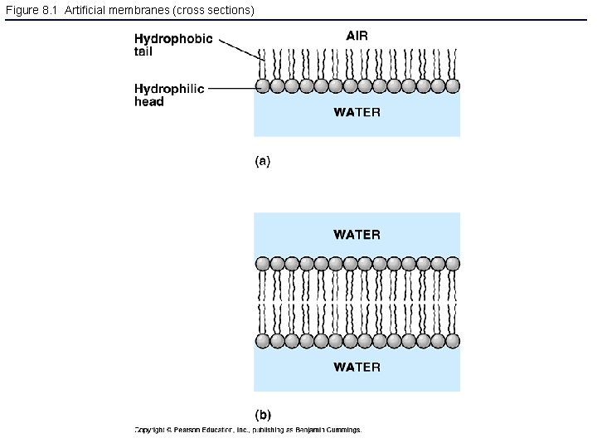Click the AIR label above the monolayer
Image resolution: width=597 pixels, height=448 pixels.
click(x=357, y=36)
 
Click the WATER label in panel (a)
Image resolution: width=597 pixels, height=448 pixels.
click(x=357, y=112)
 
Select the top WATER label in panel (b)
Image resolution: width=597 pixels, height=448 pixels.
click(x=357, y=235)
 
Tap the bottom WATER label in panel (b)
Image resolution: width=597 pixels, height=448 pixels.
click(x=357, y=367)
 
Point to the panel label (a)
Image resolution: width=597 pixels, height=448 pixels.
click(x=262, y=162)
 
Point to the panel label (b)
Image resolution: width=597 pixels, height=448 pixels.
click(x=262, y=414)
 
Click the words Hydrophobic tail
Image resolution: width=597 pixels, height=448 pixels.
click(x=172, y=45)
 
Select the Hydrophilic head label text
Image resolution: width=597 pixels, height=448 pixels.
click(x=169, y=95)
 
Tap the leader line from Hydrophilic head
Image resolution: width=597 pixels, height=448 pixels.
click(x=232, y=86)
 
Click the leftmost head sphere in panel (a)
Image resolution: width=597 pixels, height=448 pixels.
click(x=262, y=85)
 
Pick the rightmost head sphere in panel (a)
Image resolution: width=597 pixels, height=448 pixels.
click(x=452, y=85)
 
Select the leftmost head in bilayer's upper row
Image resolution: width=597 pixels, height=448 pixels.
click(x=262, y=264)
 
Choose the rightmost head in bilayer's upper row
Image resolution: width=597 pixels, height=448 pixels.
click(x=452, y=264)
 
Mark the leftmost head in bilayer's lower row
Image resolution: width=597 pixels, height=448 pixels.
click(x=262, y=341)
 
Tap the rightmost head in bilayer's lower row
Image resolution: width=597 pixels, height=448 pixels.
click(x=452, y=341)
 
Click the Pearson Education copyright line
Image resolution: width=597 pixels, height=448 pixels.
click(x=248, y=430)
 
